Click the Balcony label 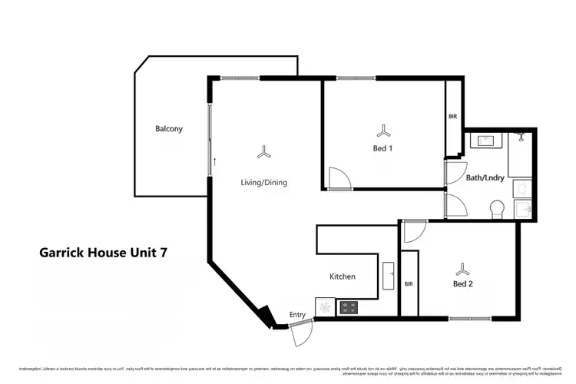click(169, 129)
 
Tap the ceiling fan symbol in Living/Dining click(264, 153)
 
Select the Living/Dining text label click(264, 182)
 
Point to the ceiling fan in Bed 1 click(383, 130)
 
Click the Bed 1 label click(383, 149)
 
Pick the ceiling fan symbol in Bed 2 click(462, 268)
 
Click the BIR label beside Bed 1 click(453, 116)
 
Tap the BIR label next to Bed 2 click(409, 283)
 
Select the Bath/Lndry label click(485, 177)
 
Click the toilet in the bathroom click(497, 207)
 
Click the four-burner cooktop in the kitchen click(348, 307)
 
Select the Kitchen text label click(342, 276)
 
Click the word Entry click(297, 315)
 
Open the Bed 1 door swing click(338, 178)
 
